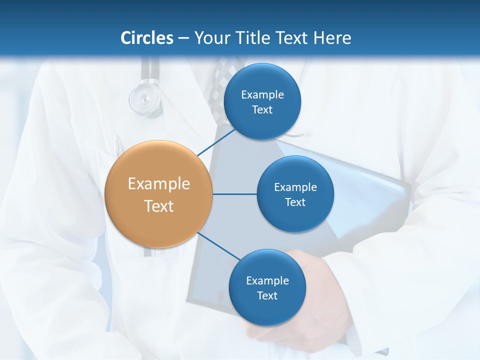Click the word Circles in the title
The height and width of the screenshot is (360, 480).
point(147,38)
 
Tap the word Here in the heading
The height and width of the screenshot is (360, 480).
point(332,38)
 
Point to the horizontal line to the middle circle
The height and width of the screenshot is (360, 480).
point(234,194)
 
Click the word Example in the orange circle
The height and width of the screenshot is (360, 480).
point(159,184)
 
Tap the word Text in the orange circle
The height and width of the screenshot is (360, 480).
point(159,206)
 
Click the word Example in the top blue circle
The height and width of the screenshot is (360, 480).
point(262,94)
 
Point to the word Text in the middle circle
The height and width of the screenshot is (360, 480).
point(295,202)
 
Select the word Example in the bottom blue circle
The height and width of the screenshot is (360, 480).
point(267,280)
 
